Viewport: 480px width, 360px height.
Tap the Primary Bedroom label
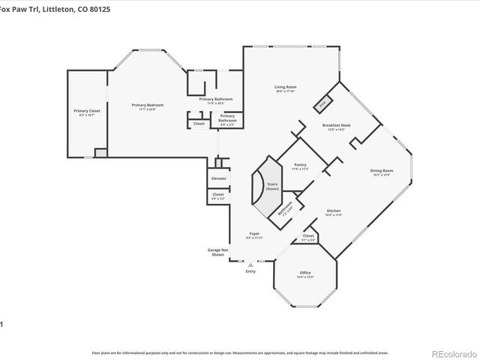pos(148,105)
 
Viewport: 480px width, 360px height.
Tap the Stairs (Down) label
pos(272,186)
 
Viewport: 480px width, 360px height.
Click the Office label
pos(305,272)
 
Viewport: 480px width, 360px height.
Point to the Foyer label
pos(253,234)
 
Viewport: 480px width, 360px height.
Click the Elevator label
pos(219,178)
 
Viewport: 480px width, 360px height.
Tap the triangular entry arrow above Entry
pos(250,264)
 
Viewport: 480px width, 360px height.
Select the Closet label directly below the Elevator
pos(218,195)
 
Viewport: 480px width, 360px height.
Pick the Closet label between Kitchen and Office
pos(308,236)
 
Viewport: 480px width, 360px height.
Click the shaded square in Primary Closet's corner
pos(101,152)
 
